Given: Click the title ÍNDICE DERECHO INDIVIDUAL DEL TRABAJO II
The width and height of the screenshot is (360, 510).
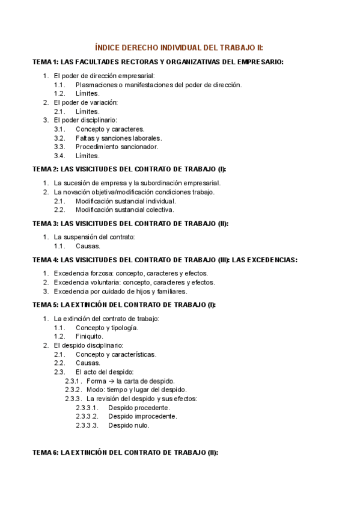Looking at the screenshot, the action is (x=180, y=48).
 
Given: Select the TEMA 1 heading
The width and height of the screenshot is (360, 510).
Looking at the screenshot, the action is (x=158, y=62).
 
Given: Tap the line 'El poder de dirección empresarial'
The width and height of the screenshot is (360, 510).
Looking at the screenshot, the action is (x=104, y=76).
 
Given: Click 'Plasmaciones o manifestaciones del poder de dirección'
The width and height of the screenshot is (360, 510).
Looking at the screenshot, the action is (x=159, y=85).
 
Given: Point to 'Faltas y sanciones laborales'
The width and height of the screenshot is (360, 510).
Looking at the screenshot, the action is (x=118, y=138).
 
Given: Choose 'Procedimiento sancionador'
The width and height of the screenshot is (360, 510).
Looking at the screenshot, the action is (x=117, y=147).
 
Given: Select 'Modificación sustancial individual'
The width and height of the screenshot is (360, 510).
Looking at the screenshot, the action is (x=126, y=201).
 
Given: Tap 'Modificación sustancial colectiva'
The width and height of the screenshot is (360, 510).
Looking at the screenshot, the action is (x=125, y=210).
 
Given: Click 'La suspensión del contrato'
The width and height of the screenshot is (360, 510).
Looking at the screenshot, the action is (x=94, y=237).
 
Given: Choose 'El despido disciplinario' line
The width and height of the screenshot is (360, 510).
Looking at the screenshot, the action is (x=88, y=346).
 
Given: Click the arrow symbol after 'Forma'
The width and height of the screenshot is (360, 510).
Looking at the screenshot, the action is (x=111, y=381).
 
